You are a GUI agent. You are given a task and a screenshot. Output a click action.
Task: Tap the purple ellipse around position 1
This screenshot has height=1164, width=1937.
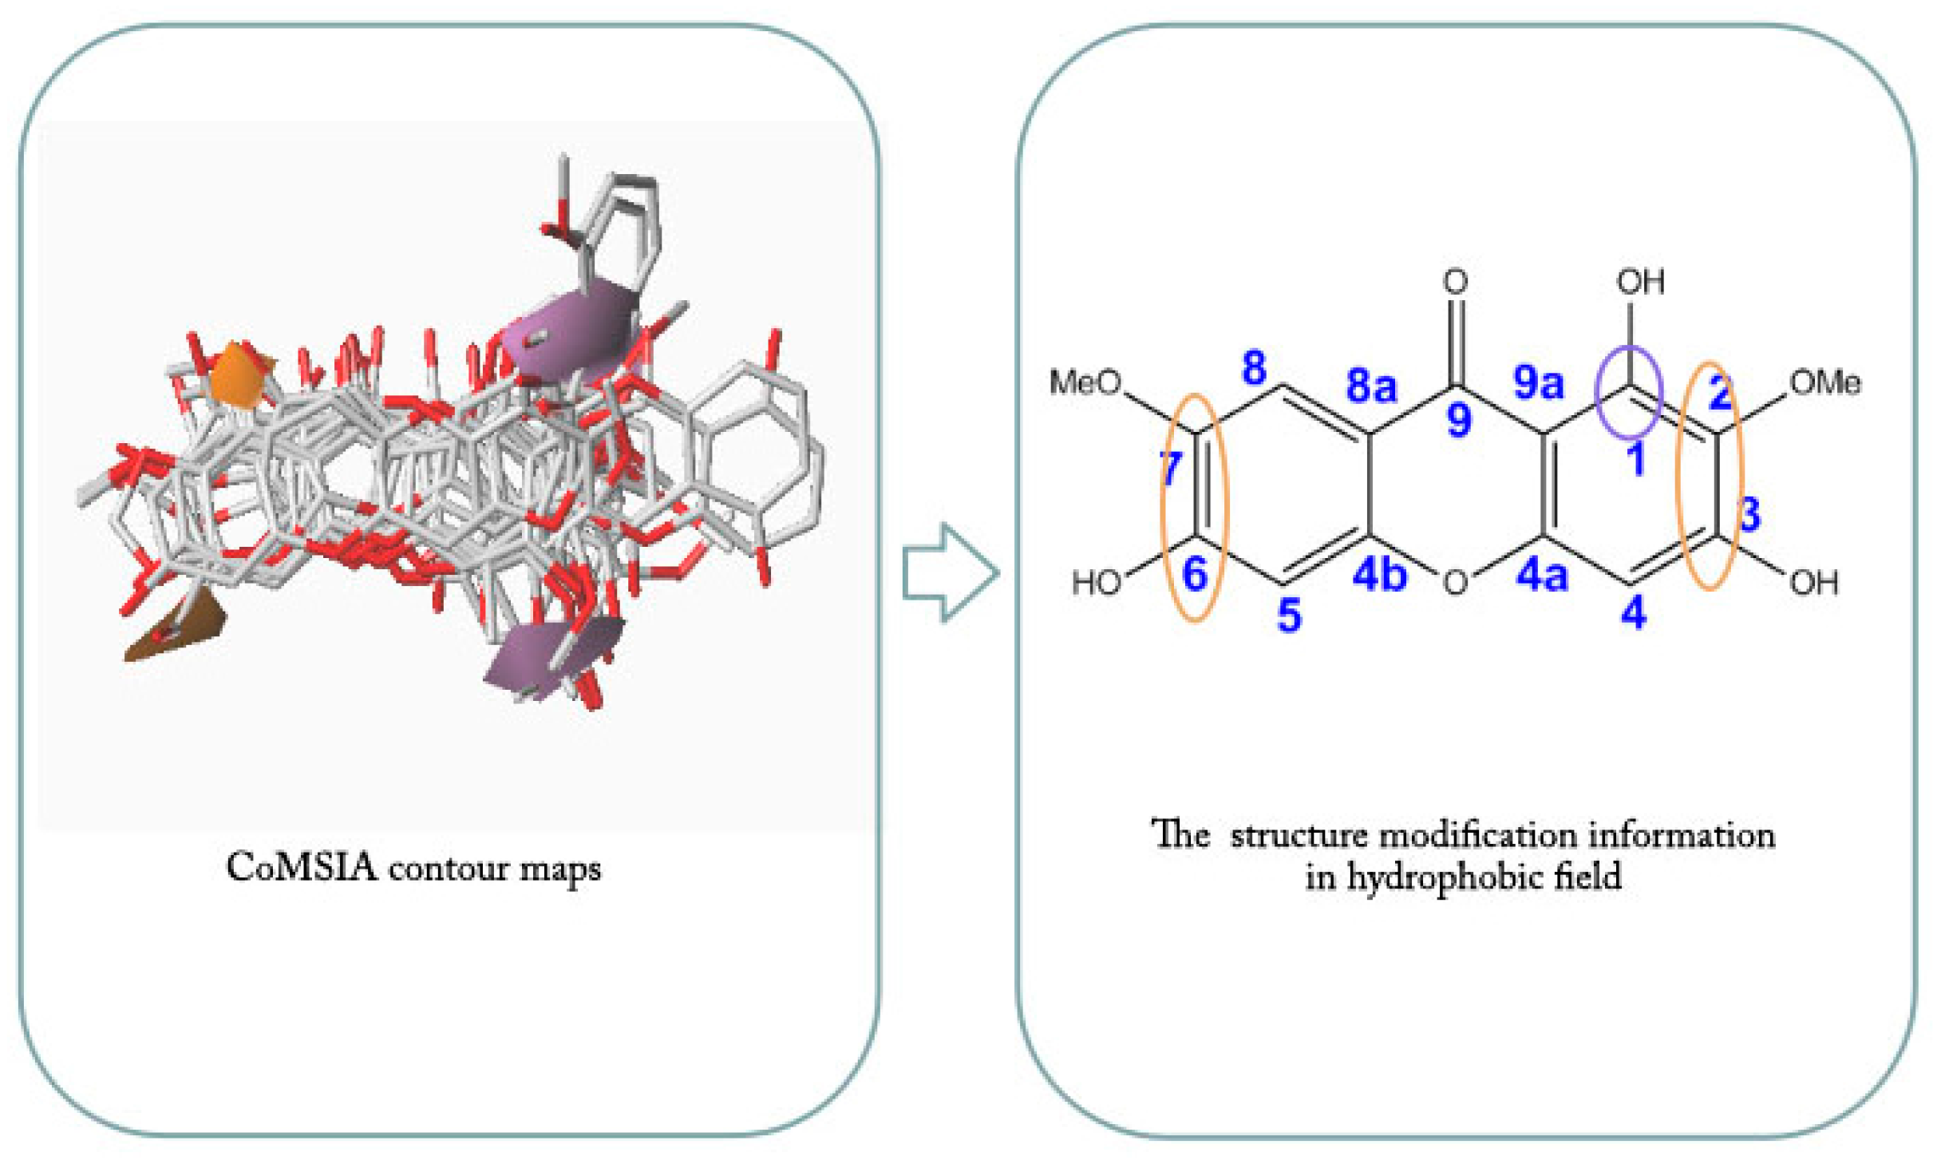tap(1627, 392)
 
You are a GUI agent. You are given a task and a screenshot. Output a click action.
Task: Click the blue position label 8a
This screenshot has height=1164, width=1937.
tap(1370, 386)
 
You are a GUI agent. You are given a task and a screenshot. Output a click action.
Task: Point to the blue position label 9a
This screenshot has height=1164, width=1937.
tap(1538, 382)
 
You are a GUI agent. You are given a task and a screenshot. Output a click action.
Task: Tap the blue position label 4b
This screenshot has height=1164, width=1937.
tap(1379, 574)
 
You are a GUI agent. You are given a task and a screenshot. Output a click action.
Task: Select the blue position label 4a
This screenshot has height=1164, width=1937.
tap(1541, 575)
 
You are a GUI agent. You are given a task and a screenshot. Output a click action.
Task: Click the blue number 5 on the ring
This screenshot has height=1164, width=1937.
tap(1289, 615)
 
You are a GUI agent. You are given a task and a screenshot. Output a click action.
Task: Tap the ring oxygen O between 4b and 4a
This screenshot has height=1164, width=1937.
tap(1455, 583)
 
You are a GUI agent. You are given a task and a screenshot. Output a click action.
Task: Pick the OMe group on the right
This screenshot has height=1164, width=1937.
tap(1824, 382)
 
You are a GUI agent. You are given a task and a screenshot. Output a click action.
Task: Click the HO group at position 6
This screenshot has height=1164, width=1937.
tap(1096, 583)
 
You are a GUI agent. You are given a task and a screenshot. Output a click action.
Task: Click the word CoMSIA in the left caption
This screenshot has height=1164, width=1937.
tap(301, 868)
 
